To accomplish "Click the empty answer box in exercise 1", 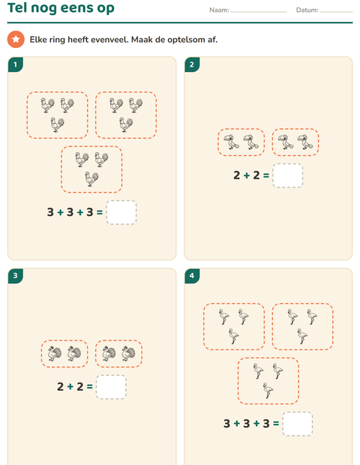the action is tap(121, 212).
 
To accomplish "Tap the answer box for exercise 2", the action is tap(288, 175).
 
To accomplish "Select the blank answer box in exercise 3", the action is tap(111, 387).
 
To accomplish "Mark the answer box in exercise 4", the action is tap(298, 424).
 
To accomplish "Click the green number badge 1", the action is tap(16, 64).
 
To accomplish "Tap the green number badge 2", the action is tap(192, 64).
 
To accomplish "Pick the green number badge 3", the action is tap(16, 276).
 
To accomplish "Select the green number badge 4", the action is tap(192, 276).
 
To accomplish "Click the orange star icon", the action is tap(16, 39).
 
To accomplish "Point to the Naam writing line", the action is tap(259, 12).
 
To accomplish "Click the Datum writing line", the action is tap(336, 12).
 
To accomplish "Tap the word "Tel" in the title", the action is tap(17, 7).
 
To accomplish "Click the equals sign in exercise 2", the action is tap(266, 175).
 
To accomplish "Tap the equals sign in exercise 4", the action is tap(276, 424).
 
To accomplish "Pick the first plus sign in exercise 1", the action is tap(60, 212).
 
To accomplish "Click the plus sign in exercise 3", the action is tap(70, 387).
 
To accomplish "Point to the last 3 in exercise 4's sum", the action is tap(266, 424).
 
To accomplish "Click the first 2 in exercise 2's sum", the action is tap(237, 175).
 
